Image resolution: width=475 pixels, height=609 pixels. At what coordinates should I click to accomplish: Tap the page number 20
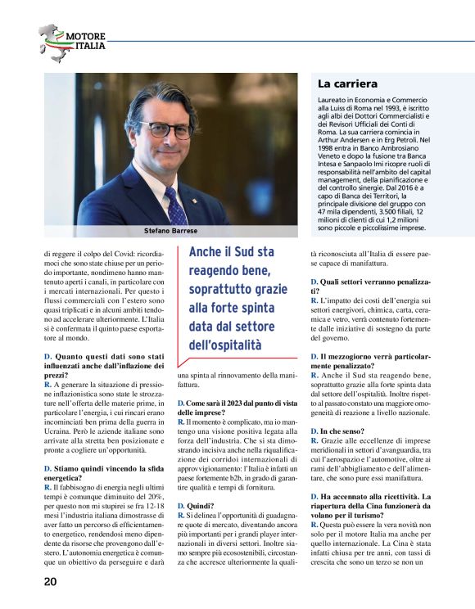[50, 582]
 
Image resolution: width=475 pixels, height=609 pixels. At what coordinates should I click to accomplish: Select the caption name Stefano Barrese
[170, 231]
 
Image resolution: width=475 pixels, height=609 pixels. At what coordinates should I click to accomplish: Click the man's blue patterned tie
[175, 205]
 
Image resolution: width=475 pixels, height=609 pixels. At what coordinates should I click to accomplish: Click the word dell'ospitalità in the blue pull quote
[225, 345]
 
